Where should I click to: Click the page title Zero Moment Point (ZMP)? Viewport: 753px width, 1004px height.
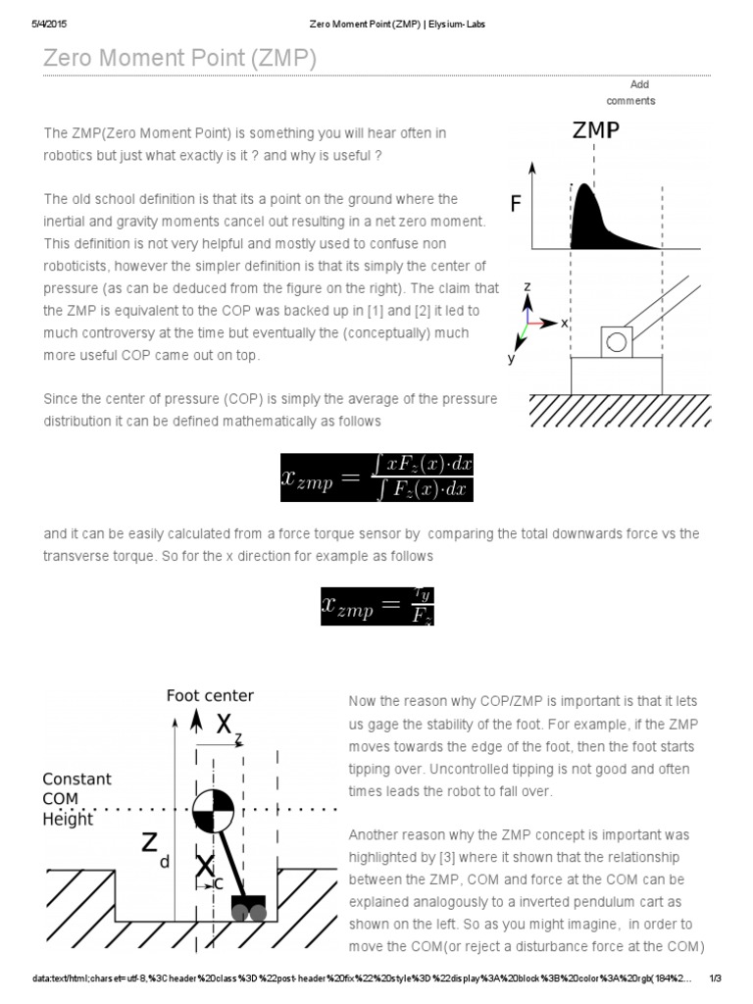pyautogui.click(x=179, y=59)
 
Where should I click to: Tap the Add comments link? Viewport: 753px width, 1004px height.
pyautogui.click(x=630, y=92)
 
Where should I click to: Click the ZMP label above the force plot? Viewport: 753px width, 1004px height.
pyautogui.click(x=596, y=130)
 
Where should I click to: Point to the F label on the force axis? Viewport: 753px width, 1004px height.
pyautogui.click(x=516, y=204)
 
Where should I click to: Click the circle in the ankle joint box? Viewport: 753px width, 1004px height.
pyautogui.click(x=616, y=342)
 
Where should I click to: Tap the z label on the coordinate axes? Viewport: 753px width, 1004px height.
pyautogui.click(x=527, y=286)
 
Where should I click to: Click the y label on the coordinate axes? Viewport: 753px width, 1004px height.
pyautogui.click(x=511, y=359)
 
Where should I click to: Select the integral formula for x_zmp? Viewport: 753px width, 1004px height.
pyautogui.click(x=376, y=476)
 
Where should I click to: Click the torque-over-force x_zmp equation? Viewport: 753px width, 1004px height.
pyautogui.click(x=376, y=606)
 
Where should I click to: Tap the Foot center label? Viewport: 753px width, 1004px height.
pyautogui.click(x=210, y=695)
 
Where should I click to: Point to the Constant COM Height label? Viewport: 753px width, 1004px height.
pyautogui.click(x=76, y=798)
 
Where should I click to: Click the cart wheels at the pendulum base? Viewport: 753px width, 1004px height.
pyautogui.click(x=248, y=911)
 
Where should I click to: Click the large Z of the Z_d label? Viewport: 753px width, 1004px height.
pyautogui.click(x=149, y=843)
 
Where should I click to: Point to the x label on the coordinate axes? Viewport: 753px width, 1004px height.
pyautogui.click(x=565, y=323)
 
